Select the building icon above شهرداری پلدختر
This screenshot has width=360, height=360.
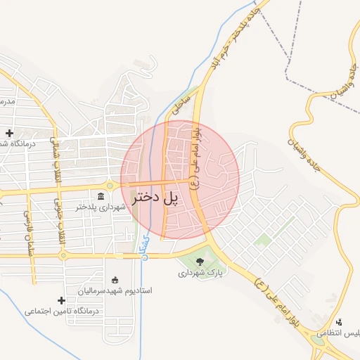tap(101, 195)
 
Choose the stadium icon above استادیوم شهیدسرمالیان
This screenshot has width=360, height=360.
tap(116, 279)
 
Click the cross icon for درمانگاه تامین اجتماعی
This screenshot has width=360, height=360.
tap(61, 300)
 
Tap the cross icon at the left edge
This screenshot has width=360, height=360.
tap(9, 133)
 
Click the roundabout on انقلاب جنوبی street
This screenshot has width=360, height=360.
tap(63, 256)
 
